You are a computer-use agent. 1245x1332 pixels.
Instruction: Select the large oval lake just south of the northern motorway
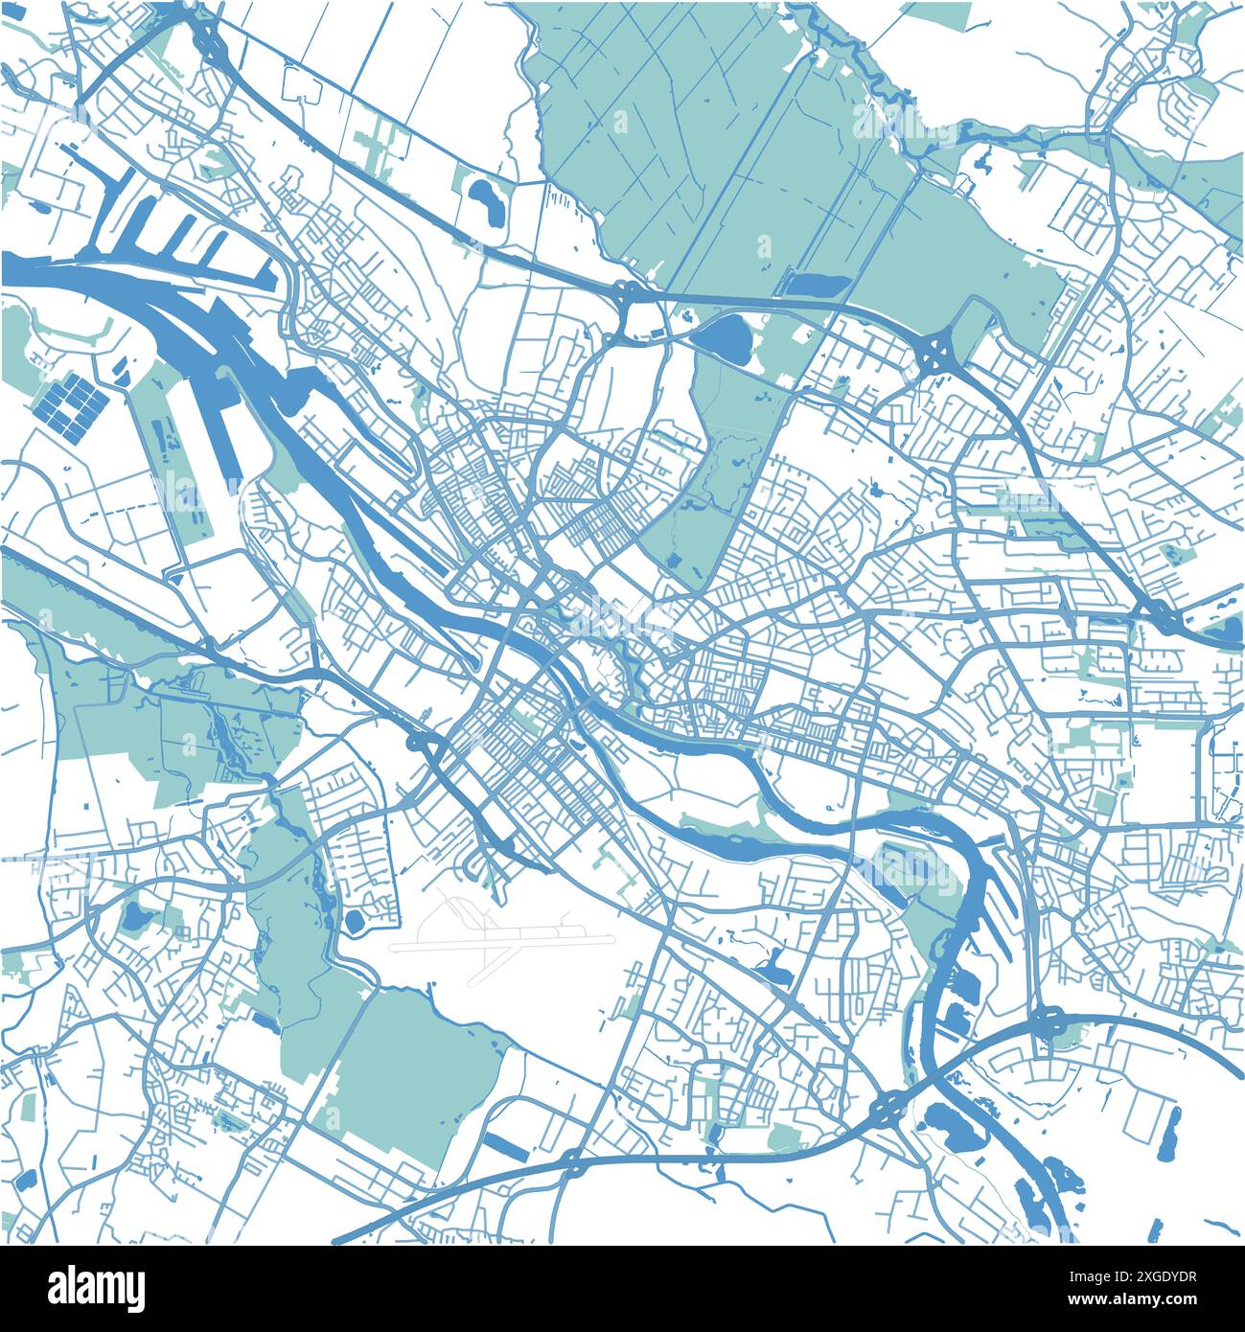coord(726,336)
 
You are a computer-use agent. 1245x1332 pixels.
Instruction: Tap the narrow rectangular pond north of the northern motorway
coord(817,284)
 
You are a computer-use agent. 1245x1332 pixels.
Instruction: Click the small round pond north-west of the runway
coord(355,922)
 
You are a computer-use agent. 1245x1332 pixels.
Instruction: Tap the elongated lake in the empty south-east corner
coord(1169,1132)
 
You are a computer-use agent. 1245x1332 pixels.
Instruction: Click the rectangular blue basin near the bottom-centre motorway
coord(500,1143)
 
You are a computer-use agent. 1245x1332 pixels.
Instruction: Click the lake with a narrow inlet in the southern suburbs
coord(774,970)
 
